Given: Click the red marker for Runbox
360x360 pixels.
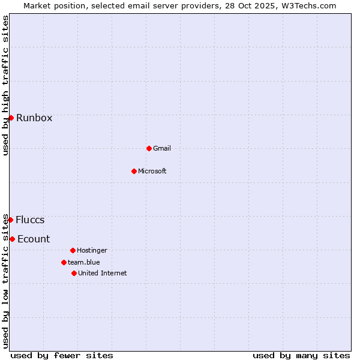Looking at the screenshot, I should click(x=11, y=118).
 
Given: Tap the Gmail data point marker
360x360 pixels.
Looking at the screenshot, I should click(x=149, y=148).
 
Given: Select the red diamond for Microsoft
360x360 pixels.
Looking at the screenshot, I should click(x=134, y=171).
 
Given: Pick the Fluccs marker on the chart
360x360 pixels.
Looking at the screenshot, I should click(x=10, y=220).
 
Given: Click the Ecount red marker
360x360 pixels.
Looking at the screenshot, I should click(x=12, y=239).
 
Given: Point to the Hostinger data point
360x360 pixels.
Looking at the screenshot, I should click(x=73, y=250).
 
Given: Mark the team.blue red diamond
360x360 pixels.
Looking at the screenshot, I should click(x=64, y=262).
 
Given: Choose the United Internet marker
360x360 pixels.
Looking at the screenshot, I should click(x=74, y=273).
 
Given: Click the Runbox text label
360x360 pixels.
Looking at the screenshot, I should click(x=34, y=118).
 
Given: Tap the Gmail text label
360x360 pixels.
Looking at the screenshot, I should click(x=162, y=148).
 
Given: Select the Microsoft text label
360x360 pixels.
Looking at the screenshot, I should click(x=152, y=171).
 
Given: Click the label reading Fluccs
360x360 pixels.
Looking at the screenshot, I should click(x=30, y=220).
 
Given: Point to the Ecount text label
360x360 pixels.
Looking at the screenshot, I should click(x=34, y=239).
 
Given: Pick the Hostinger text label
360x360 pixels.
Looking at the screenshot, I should click(x=92, y=250).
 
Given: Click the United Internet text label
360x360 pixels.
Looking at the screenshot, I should click(x=102, y=273).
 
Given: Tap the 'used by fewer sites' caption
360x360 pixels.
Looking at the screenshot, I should click(x=62, y=355).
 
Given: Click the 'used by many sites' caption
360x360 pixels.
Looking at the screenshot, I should click(x=301, y=355).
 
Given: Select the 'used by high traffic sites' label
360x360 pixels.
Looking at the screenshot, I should click(x=6, y=85).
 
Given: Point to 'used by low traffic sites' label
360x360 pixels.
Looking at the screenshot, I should click(x=6, y=281).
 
